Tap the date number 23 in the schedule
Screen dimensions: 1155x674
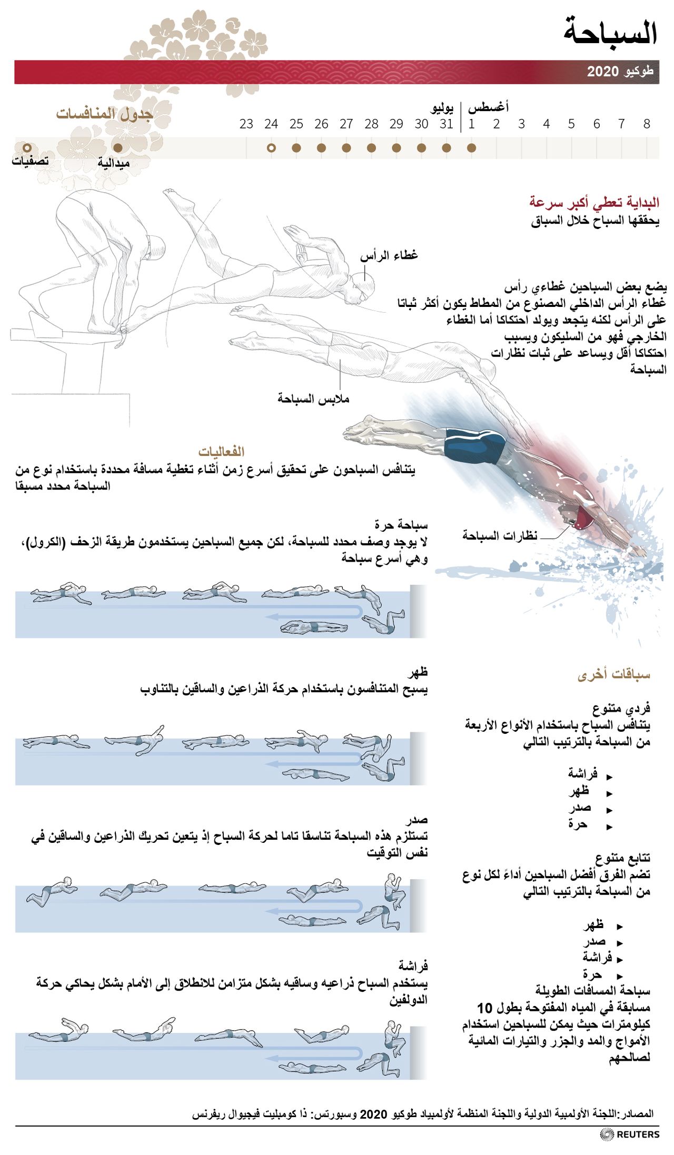click(246, 124)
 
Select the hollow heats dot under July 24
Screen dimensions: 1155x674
click(271, 148)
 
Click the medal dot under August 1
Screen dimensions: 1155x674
click(471, 148)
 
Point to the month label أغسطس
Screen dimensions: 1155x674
click(488, 108)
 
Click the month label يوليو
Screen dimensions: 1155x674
click(442, 108)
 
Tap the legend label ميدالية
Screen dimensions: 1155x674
click(113, 164)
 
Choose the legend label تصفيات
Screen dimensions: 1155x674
click(30, 161)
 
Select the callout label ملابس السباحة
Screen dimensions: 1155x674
click(313, 399)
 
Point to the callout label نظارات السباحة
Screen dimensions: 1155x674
click(500, 536)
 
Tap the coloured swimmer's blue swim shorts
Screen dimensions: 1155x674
click(474, 445)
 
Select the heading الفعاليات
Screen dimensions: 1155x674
click(221, 452)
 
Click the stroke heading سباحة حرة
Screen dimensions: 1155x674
click(401, 525)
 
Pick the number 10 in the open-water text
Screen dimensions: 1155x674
click(484, 1008)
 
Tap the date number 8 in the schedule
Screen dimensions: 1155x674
click(647, 124)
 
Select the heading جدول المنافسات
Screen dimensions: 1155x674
click(104, 114)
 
